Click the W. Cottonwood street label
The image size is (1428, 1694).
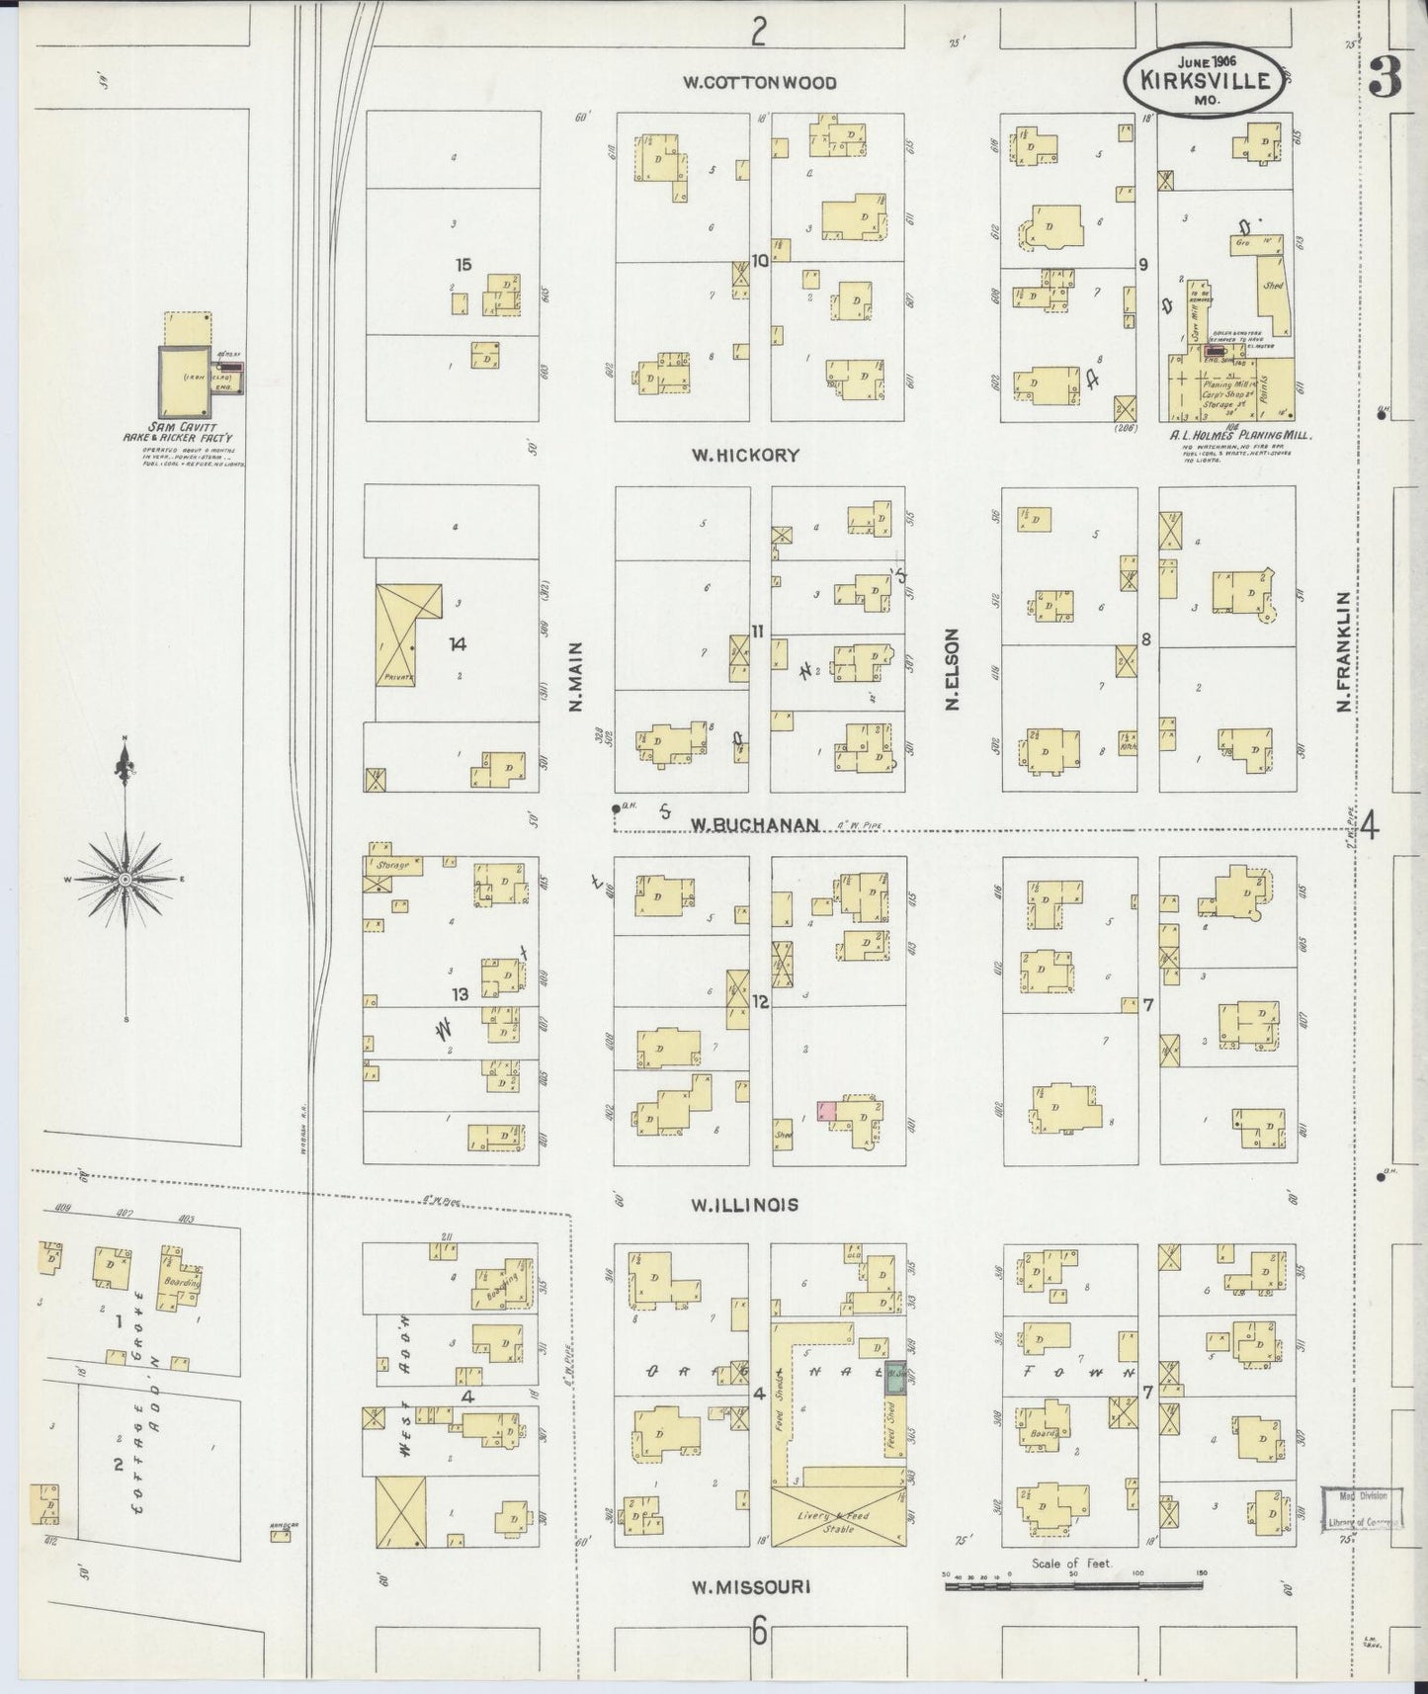pyautogui.click(x=760, y=83)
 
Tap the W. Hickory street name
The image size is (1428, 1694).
pyautogui.click(x=744, y=456)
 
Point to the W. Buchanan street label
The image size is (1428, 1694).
pyautogui.click(x=755, y=823)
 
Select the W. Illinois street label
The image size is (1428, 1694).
pyautogui.click(x=744, y=1205)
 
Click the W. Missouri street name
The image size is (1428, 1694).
pyautogui.click(x=750, y=1586)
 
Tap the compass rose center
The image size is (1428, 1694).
pyautogui.click(x=126, y=879)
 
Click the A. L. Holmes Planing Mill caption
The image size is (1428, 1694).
pyautogui.click(x=1239, y=434)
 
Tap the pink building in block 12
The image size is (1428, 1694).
pyautogui.click(x=827, y=1110)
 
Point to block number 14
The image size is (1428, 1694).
pyautogui.click(x=457, y=643)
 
